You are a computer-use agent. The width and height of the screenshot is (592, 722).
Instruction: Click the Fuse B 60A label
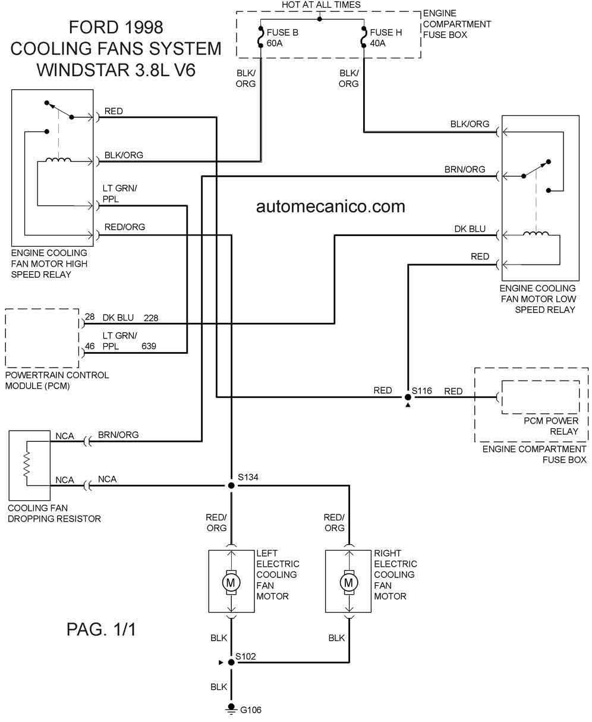point(282,37)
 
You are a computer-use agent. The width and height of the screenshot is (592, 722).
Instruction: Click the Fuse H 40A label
point(386,37)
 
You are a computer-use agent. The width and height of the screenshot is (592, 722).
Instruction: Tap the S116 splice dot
point(408,397)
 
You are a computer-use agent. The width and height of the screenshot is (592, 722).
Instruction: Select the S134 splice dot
point(231,485)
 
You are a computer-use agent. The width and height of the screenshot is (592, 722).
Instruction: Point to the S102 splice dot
point(231,663)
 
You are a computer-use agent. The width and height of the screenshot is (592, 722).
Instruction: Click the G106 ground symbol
point(231,709)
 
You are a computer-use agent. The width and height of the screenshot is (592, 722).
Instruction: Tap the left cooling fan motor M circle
point(231,582)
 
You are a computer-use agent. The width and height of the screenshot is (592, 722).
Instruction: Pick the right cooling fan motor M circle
point(349,582)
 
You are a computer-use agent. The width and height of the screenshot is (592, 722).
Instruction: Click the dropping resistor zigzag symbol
point(27,464)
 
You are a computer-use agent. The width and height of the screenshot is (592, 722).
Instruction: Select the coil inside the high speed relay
point(58,159)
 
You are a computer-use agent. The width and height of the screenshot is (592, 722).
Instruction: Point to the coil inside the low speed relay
point(536,234)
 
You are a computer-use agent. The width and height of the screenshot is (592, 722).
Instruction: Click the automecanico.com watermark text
point(330,206)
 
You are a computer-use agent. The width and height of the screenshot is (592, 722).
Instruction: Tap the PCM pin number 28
point(90,316)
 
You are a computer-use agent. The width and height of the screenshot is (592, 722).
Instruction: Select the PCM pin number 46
point(90,346)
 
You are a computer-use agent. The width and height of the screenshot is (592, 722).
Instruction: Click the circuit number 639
point(149,346)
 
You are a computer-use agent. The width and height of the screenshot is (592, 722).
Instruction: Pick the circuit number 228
point(151,318)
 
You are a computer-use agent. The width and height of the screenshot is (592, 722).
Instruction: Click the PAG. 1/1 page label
point(101,629)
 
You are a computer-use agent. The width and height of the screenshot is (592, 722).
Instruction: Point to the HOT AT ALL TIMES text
point(321,5)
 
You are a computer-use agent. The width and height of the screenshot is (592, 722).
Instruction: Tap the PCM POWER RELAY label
point(551,426)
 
